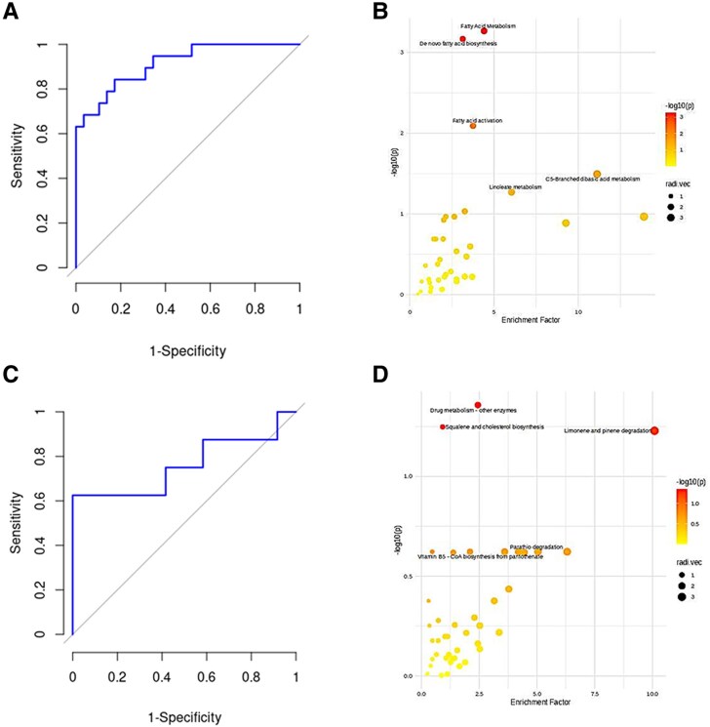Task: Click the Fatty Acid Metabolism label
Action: [488, 25]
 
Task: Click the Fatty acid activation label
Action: [478, 120]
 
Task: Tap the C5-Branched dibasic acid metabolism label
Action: [593, 179]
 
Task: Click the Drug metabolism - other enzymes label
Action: [473, 410]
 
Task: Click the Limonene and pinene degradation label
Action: [608, 430]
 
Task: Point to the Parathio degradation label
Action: [536, 546]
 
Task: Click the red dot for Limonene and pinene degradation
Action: [654, 430]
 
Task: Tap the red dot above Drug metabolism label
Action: [478, 404]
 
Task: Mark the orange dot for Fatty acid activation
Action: [472, 126]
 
